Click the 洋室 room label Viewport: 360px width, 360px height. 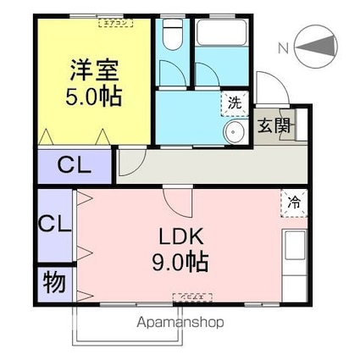[92, 69]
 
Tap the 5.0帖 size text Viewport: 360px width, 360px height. [93, 95]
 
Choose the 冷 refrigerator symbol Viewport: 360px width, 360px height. [294, 202]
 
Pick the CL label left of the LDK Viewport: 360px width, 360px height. [54, 226]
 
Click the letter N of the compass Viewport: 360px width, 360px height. [282, 48]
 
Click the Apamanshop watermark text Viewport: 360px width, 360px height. [175, 323]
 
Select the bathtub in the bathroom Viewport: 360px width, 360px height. [221, 37]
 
